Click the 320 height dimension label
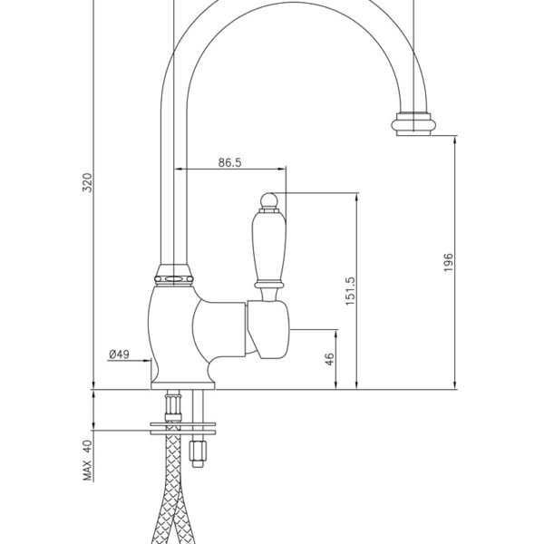point(87,183)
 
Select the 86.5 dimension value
point(229,162)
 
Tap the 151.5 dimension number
point(350,291)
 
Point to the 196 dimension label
point(448,262)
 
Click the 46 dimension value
point(330,359)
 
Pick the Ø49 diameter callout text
point(119,355)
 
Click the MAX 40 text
point(88,460)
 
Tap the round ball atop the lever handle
point(269,200)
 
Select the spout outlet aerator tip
point(413,124)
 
